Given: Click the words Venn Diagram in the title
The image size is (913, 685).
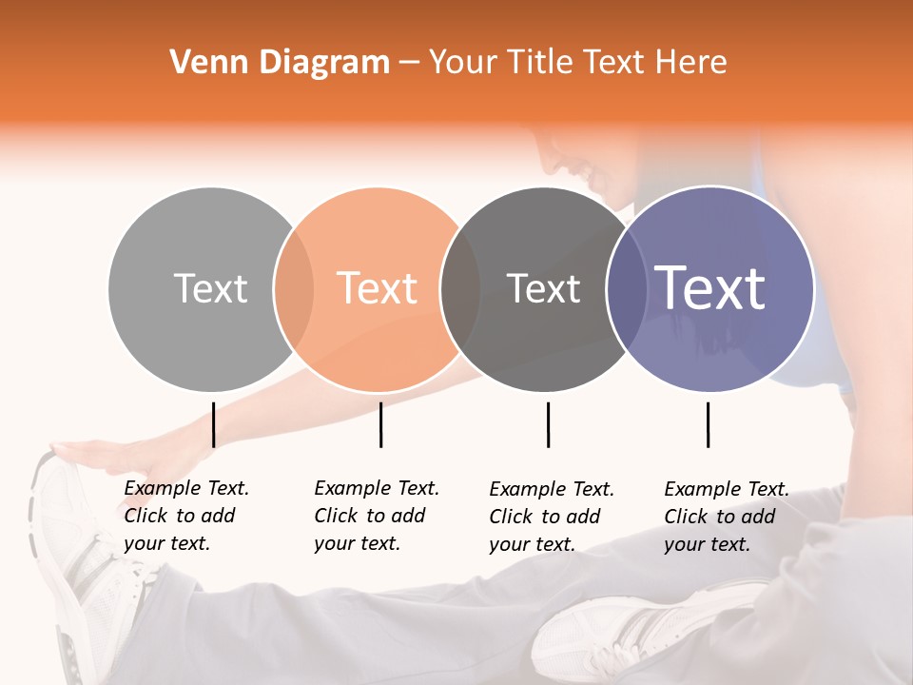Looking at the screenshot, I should (x=280, y=63).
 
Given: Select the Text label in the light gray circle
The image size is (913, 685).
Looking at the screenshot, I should (x=210, y=288).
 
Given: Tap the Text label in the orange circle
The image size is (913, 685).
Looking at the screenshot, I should (x=378, y=288).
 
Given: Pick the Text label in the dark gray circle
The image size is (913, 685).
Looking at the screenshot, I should (x=543, y=288).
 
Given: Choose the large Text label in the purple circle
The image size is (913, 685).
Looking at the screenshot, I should (x=710, y=288).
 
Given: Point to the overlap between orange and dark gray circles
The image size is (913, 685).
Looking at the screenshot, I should (x=460, y=289).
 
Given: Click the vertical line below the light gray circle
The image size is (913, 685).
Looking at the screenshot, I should (x=213, y=424).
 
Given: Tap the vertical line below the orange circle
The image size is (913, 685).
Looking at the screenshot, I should (x=380, y=424).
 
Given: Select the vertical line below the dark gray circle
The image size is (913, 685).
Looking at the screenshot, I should (x=548, y=424).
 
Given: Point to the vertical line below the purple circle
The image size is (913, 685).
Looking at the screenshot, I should (x=708, y=424).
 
